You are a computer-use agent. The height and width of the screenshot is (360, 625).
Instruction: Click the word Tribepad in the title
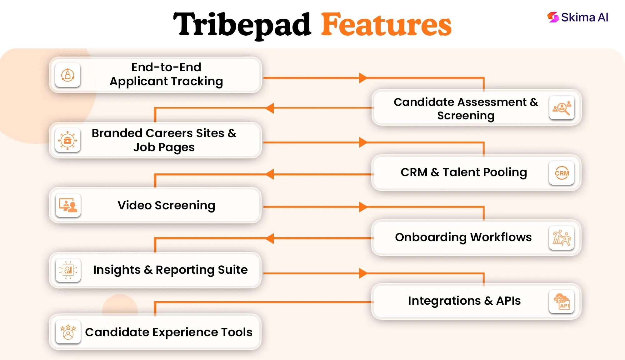pyautogui.click(x=242, y=25)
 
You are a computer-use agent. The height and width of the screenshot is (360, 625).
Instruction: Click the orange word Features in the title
pyautogui.click(x=386, y=25)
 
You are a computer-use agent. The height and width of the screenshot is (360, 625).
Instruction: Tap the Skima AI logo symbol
pyautogui.click(x=553, y=17)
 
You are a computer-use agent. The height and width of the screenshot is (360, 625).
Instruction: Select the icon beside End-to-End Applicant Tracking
pyautogui.click(x=68, y=75)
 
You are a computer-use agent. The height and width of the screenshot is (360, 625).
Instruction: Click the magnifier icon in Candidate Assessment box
pyautogui.click(x=562, y=108)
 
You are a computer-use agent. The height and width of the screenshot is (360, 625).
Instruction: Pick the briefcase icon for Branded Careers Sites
pyautogui.click(x=67, y=140)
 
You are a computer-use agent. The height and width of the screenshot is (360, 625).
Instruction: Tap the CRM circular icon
pyautogui.click(x=562, y=173)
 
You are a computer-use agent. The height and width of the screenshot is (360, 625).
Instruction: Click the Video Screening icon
pyautogui.click(x=68, y=205)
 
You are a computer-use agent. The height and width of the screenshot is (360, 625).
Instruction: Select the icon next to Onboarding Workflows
pyautogui.click(x=562, y=238)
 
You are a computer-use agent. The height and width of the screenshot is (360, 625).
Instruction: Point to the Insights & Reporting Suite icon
pyautogui.click(x=68, y=270)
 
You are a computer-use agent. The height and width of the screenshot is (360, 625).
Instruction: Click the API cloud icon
pyautogui.click(x=562, y=302)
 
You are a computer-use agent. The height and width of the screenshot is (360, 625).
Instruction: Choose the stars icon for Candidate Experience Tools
pyautogui.click(x=68, y=332)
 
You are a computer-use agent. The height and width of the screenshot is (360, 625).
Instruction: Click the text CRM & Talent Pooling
pyautogui.click(x=464, y=172)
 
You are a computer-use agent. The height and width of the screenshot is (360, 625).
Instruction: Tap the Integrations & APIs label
pyautogui.click(x=464, y=301)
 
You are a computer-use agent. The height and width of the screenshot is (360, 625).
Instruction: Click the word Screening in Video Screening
pyautogui.click(x=185, y=206)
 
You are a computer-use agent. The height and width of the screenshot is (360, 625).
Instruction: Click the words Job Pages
pyautogui.click(x=164, y=147)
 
